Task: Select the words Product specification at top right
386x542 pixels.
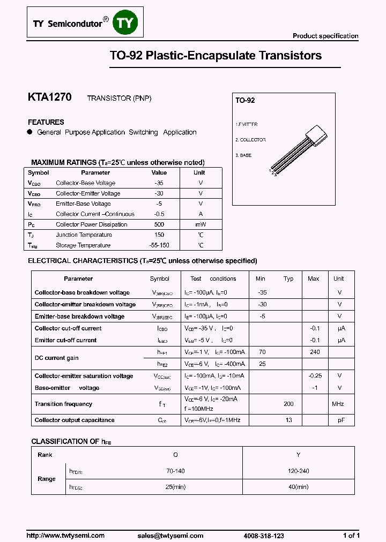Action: (x=325, y=36)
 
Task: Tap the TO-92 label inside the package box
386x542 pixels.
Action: (x=245, y=101)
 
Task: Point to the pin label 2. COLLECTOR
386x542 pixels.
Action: (x=250, y=140)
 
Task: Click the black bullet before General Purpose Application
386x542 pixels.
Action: (x=30, y=132)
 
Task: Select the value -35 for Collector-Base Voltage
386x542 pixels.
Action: (x=159, y=183)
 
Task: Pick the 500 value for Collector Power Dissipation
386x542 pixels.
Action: (x=159, y=224)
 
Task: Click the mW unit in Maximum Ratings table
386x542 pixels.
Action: (x=201, y=224)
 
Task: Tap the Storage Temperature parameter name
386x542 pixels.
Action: (x=83, y=245)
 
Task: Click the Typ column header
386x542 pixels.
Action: (x=288, y=278)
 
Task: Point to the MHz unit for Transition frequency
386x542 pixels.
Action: (x=338, y=404)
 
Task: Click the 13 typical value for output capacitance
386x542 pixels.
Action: (x=288, y=420)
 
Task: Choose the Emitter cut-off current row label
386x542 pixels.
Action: (x=65, y=340)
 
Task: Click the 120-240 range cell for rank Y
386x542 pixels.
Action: (x=298, y=471)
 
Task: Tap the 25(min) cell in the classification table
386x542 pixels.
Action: (x=175, y=487)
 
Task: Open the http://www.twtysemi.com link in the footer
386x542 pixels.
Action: (x=65, y=536)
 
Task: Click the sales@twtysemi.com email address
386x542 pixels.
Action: (x=170, y=536)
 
